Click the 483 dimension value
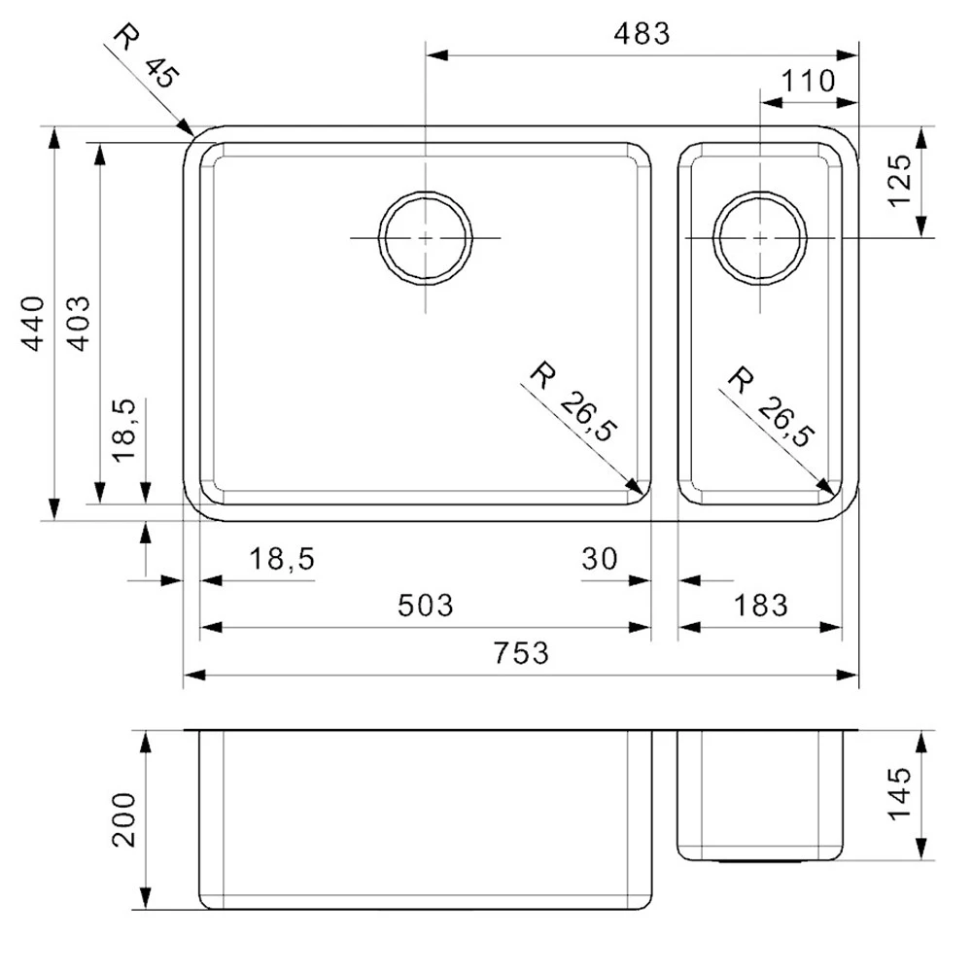pos(642,33)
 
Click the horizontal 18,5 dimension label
pos(282,559)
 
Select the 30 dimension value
pos(601,559)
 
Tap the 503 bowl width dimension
pos(426,606)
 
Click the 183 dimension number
pos(759,606)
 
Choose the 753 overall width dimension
pos(521,652)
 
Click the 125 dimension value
pos(899,182)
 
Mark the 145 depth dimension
pos(899,795)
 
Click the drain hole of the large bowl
pos(426,238)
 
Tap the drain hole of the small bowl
pos(759,238)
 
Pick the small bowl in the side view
pos(759,792)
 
